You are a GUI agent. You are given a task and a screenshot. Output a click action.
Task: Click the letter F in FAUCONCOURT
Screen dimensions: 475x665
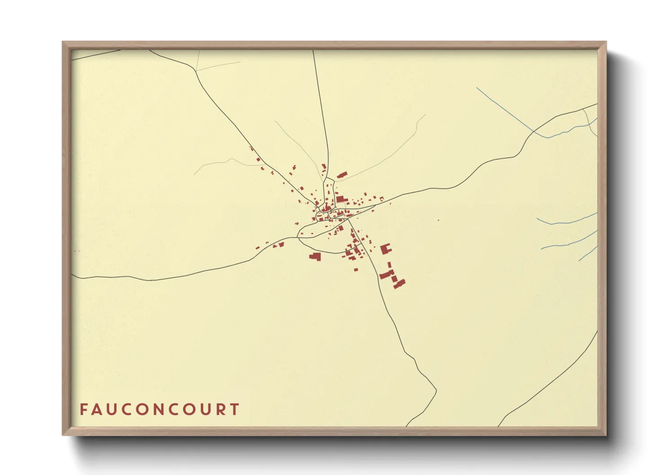[84, 409]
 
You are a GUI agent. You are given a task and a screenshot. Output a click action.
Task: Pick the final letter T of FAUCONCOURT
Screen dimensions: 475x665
[235, 409]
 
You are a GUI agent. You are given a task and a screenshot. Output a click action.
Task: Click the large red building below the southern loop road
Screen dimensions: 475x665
[315, 256]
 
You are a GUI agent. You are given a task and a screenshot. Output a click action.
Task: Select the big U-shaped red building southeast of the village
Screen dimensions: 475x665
[386, 249]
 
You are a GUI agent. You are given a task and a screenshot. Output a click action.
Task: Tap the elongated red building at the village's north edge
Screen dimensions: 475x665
[342, 175]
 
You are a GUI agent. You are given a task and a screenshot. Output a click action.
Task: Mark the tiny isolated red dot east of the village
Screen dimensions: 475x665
[438, 220]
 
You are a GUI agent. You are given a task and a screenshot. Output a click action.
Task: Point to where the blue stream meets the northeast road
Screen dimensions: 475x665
[534, 132]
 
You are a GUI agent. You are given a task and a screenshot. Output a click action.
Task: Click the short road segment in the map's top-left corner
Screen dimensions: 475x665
[97, 54]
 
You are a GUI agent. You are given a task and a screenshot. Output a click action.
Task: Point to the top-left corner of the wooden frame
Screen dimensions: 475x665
[63, 42]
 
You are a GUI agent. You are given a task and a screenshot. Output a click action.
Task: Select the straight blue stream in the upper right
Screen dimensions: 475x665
[503, 108]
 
